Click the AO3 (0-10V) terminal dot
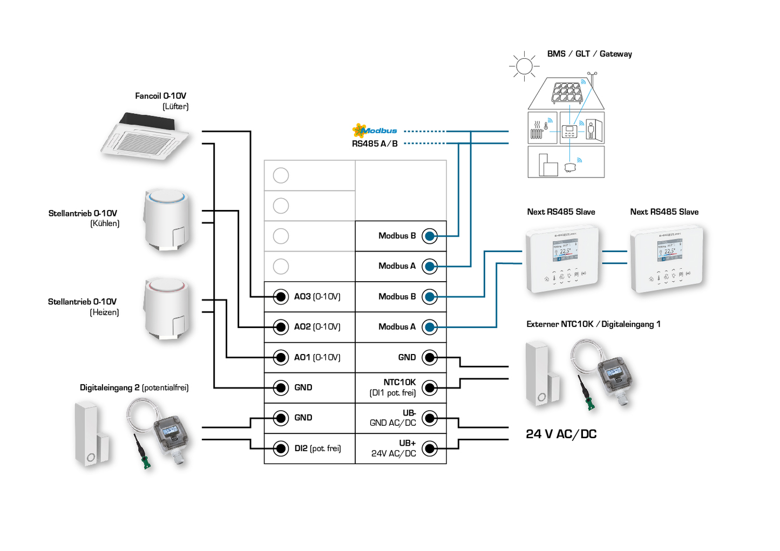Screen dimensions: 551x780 click(281, 296)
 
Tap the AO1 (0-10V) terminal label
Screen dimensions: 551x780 click(317, 357)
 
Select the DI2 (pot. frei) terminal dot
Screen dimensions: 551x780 click(281, 448)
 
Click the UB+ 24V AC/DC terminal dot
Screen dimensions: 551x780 click(430, 448)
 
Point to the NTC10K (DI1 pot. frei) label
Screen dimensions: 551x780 click(392, 387)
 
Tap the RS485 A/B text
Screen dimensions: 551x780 click(375, 144)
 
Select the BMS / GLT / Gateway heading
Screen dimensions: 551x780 click(589, 54)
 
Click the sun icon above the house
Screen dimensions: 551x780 click(524, 66)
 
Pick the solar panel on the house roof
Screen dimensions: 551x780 click(566, 92)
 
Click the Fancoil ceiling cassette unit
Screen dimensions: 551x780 click(146, 138)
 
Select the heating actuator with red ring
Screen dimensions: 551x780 click(167, 308)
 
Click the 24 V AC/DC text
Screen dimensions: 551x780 click(561, 434)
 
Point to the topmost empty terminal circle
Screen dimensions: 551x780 click(281, 175)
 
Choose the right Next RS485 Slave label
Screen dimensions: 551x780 click(664, 212)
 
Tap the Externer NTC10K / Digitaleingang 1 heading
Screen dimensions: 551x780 click(593, 324)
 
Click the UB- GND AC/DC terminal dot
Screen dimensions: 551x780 click(430, 418)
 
